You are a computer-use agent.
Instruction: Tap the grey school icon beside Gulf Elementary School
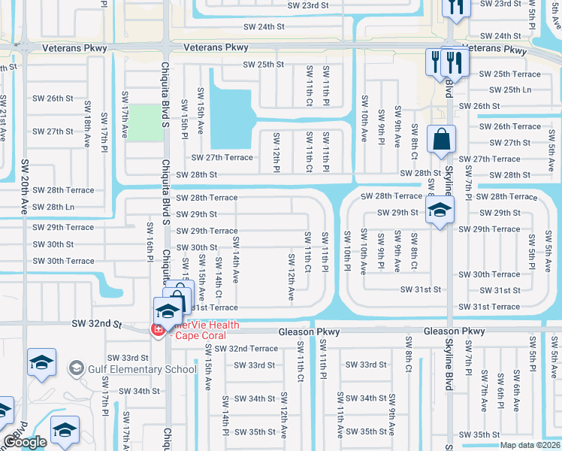76,368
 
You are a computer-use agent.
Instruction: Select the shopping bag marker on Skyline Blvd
440,140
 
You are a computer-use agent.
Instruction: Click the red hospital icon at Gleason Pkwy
159,329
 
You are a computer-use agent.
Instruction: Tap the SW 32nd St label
96,323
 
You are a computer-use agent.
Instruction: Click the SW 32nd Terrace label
246,349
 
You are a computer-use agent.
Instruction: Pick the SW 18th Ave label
88,128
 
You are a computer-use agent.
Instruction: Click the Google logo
24,442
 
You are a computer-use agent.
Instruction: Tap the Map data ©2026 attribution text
530,445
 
